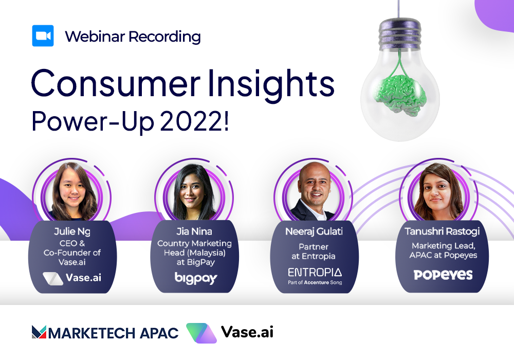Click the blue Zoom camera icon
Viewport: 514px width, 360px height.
point(43,35)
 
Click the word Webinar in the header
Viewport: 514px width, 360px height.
point(95,37)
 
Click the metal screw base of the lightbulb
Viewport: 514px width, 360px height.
point(399,34)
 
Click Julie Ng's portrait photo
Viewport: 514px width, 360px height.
point(72,192)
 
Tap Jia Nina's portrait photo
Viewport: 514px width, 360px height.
point(194,192)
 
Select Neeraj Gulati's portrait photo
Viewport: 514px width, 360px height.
point(314,192)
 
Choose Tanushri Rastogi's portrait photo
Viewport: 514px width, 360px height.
point(439,192)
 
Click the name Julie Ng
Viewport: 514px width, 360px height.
point(72,232)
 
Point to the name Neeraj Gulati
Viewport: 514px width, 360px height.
point(314,231)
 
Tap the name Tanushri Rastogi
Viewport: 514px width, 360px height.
point(442,231)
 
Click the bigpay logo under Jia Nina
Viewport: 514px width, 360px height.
point(196,278)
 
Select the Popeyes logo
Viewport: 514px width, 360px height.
point(443,275)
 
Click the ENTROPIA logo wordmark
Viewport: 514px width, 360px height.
point(315,272)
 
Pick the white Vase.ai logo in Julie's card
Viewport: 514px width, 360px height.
point(72,278)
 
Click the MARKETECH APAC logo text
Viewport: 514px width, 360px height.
point(105,332)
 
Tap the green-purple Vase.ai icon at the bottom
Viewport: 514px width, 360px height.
point(201,333)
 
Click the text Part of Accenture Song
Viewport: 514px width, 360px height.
point(315,282)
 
